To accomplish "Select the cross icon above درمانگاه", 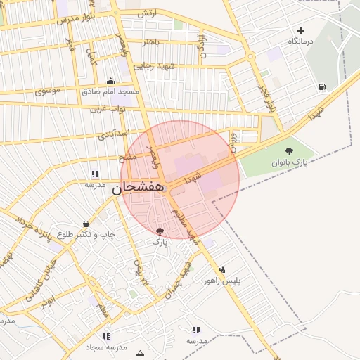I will click(301, 30).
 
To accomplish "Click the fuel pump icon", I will click(322, 87).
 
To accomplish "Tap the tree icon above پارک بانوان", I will click(288, 151).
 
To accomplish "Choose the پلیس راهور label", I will click(223, 281).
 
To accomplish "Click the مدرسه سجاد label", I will click(106, 348).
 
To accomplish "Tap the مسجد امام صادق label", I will click(110, 91).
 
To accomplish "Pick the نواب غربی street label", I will click(107, 109).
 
